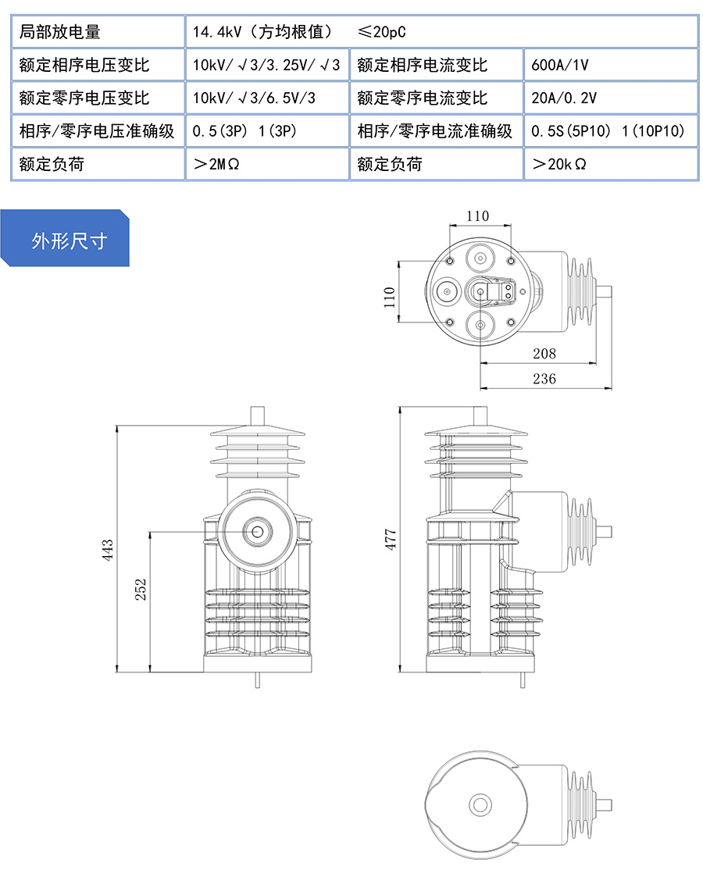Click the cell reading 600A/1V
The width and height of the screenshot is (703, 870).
click(x=559, y=65)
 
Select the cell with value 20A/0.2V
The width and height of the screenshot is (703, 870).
click(x=564, y=98)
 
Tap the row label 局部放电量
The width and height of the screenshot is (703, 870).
click(x=60, y=32)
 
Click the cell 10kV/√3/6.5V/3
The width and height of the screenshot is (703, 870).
click(x=255, y=98)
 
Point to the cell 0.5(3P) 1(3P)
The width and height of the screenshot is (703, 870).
click(x=244, y=131)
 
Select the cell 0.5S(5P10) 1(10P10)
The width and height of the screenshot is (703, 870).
click(x=608, y=131)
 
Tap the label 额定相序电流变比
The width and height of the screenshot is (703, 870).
click(x=422, y=65)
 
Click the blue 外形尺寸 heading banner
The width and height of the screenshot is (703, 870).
click(x=69, y=241)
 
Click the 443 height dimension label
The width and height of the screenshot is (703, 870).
click(x=109, y=550)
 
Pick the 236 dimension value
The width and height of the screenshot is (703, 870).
click(x=544, y=379)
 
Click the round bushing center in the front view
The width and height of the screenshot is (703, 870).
click(x=257, y=532)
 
